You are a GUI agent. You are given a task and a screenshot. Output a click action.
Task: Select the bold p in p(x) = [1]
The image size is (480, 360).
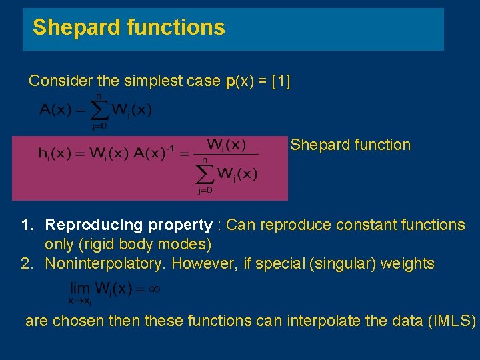pyautogui.click(x=230, y=82)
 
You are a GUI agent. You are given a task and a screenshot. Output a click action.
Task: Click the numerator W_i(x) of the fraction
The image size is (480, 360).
pyautogui.click(x=226, y=144)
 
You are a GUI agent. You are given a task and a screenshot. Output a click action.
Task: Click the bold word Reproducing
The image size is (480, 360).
pyautogui.click(x=94, y=225)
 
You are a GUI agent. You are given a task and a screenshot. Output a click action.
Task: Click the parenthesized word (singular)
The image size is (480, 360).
pyautogui.click(x=341, y=263)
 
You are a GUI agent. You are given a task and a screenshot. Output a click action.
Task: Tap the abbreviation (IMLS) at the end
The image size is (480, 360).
pyautogui.click(x=452, y=321)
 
